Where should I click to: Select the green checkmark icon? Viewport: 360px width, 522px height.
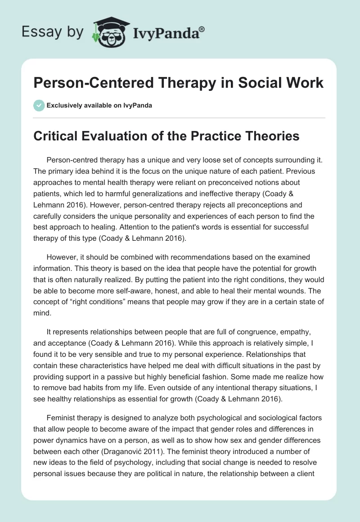(39, 105)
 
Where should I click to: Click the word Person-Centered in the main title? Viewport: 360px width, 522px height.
(92, 83)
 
